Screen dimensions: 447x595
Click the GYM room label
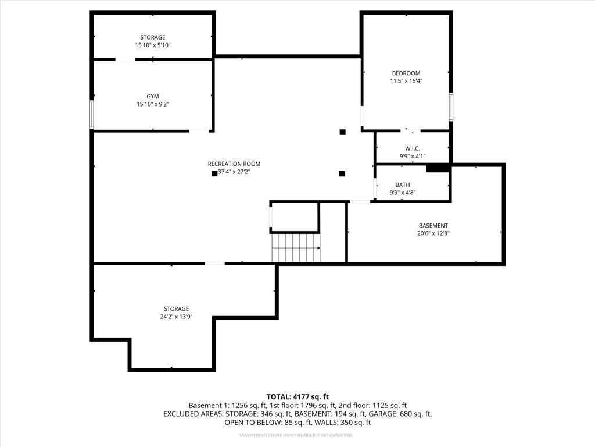click(x=153, y=96)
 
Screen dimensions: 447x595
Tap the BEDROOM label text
click(x=406, y=73)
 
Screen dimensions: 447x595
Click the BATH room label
click(x=403, y=185)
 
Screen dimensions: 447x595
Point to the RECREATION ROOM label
click(x=234, y=164)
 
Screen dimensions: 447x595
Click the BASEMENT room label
click(x=433, y=225)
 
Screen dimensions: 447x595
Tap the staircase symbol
click(x=296, y=247)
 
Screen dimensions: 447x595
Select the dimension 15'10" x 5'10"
click(x=153, y=45)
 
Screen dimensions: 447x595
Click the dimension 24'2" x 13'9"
click(x=176, y=317)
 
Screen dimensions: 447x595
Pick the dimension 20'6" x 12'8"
click(x=433, y=233)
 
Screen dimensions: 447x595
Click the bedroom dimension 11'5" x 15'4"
click(x=406, y=81)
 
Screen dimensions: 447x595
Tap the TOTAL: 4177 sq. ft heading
click(x=297, y=396)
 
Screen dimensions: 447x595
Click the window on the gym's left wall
click(x=91, y=114)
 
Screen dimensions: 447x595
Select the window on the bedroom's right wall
click(x=451, y=107)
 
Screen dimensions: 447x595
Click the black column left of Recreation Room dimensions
click(x=214, y=173)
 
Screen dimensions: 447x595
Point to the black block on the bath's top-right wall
click(x=438, y=168)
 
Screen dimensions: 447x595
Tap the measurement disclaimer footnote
click(x=297, y=435)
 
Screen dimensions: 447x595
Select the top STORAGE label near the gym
click(x=153, y=37)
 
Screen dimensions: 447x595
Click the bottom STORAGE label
click(x=176, y=308)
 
